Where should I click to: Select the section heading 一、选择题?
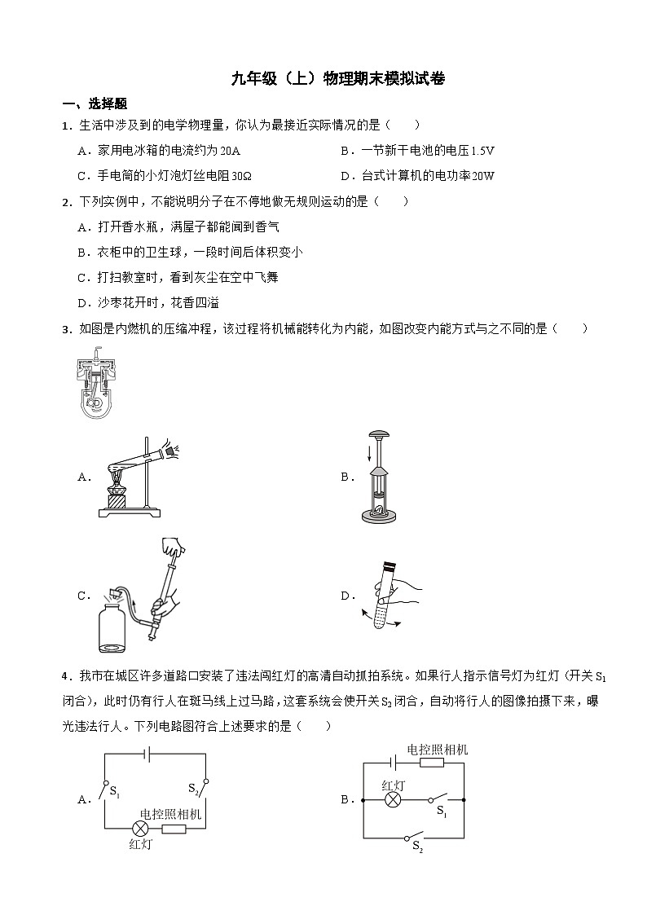[95, 104]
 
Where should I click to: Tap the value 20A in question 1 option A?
[231, 151]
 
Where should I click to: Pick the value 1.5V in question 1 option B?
[482, 151]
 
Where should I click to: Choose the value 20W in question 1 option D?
[482, 176]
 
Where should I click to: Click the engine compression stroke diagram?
[99, 385]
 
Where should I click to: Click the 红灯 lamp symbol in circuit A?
[139, 829]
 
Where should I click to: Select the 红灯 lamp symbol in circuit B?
[393, 800]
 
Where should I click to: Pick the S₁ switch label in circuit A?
[115, 791]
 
